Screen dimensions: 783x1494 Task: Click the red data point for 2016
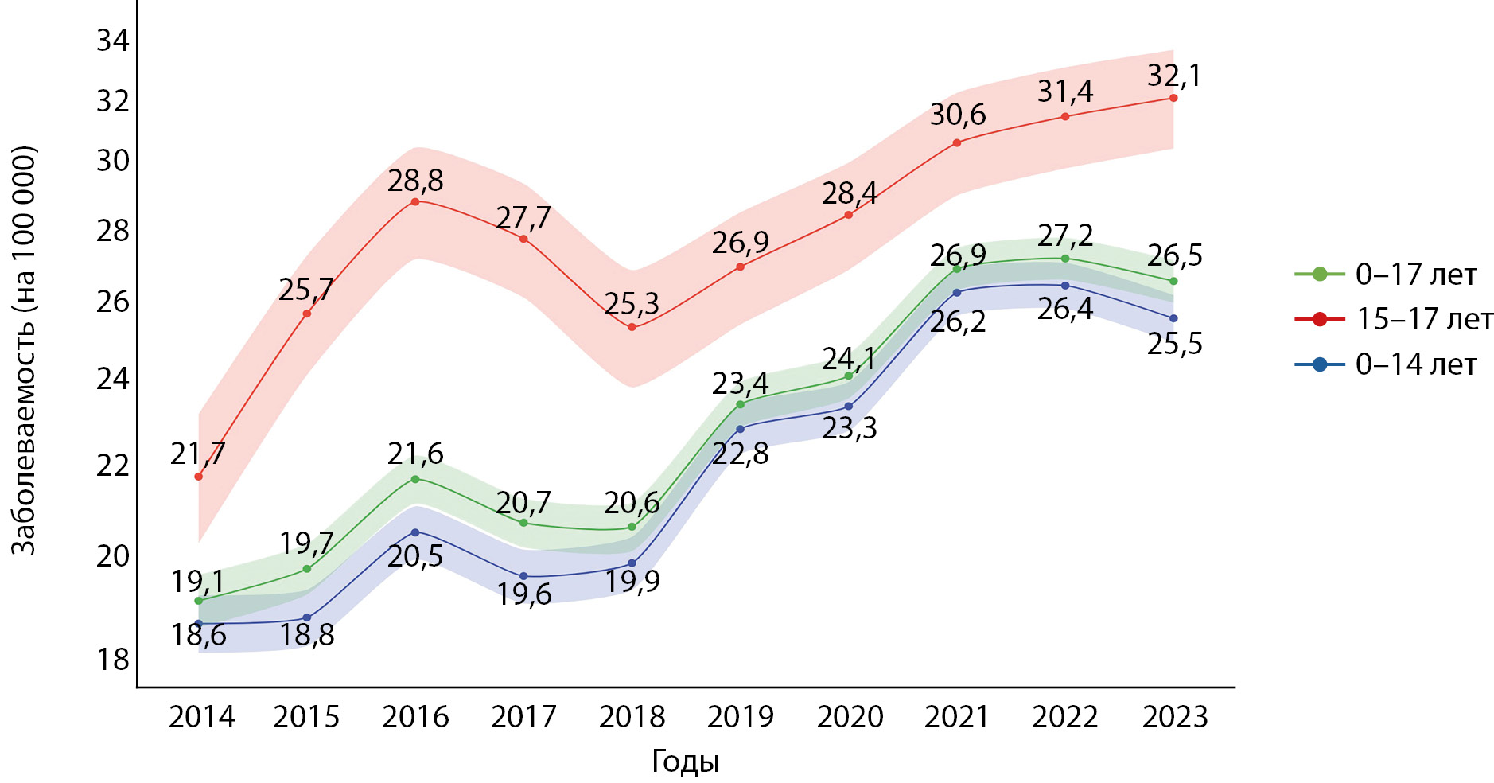coord(414,201)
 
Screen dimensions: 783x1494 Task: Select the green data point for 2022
coord(1064,258)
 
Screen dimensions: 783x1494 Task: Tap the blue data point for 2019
coord(740,429)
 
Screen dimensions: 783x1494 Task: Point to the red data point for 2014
coord(198,476)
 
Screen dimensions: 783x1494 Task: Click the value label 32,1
coord(1173,76)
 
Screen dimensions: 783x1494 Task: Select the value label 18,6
coord(198,635)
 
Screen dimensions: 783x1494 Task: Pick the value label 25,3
coord(631,303)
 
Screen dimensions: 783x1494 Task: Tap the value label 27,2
coord(1064,236)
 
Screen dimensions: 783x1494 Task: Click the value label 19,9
coord(632,582)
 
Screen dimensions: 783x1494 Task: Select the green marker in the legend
coord(1319,274)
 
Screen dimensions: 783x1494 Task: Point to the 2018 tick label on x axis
coord(632,717)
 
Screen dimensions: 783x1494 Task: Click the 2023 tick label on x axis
coord(1174,717)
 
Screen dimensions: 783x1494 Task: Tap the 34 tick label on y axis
coord(113,40)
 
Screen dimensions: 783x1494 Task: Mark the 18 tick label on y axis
coord(113,660)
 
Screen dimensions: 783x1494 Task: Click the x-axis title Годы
coord(685,762)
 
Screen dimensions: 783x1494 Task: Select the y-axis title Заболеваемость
coord(24,350)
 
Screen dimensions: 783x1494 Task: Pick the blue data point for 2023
coord(1173,318)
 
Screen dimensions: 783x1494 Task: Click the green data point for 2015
coord(306,569)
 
